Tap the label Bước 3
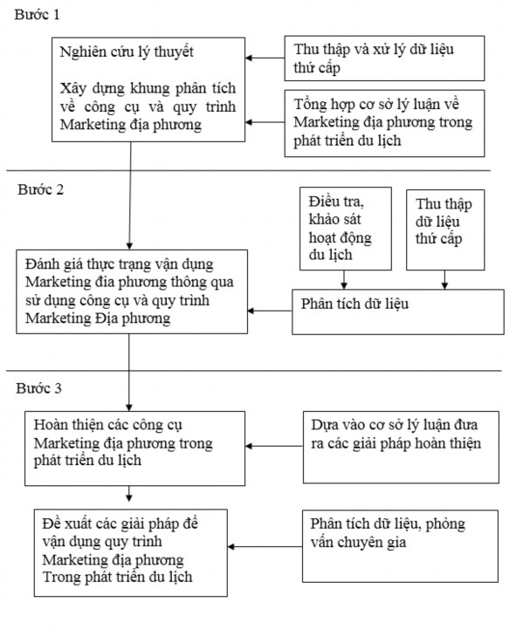(39, 387)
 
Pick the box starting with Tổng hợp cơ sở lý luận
(380, 123)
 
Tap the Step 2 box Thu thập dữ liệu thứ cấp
(444, 228)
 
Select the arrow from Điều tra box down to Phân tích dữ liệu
(344, 279)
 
